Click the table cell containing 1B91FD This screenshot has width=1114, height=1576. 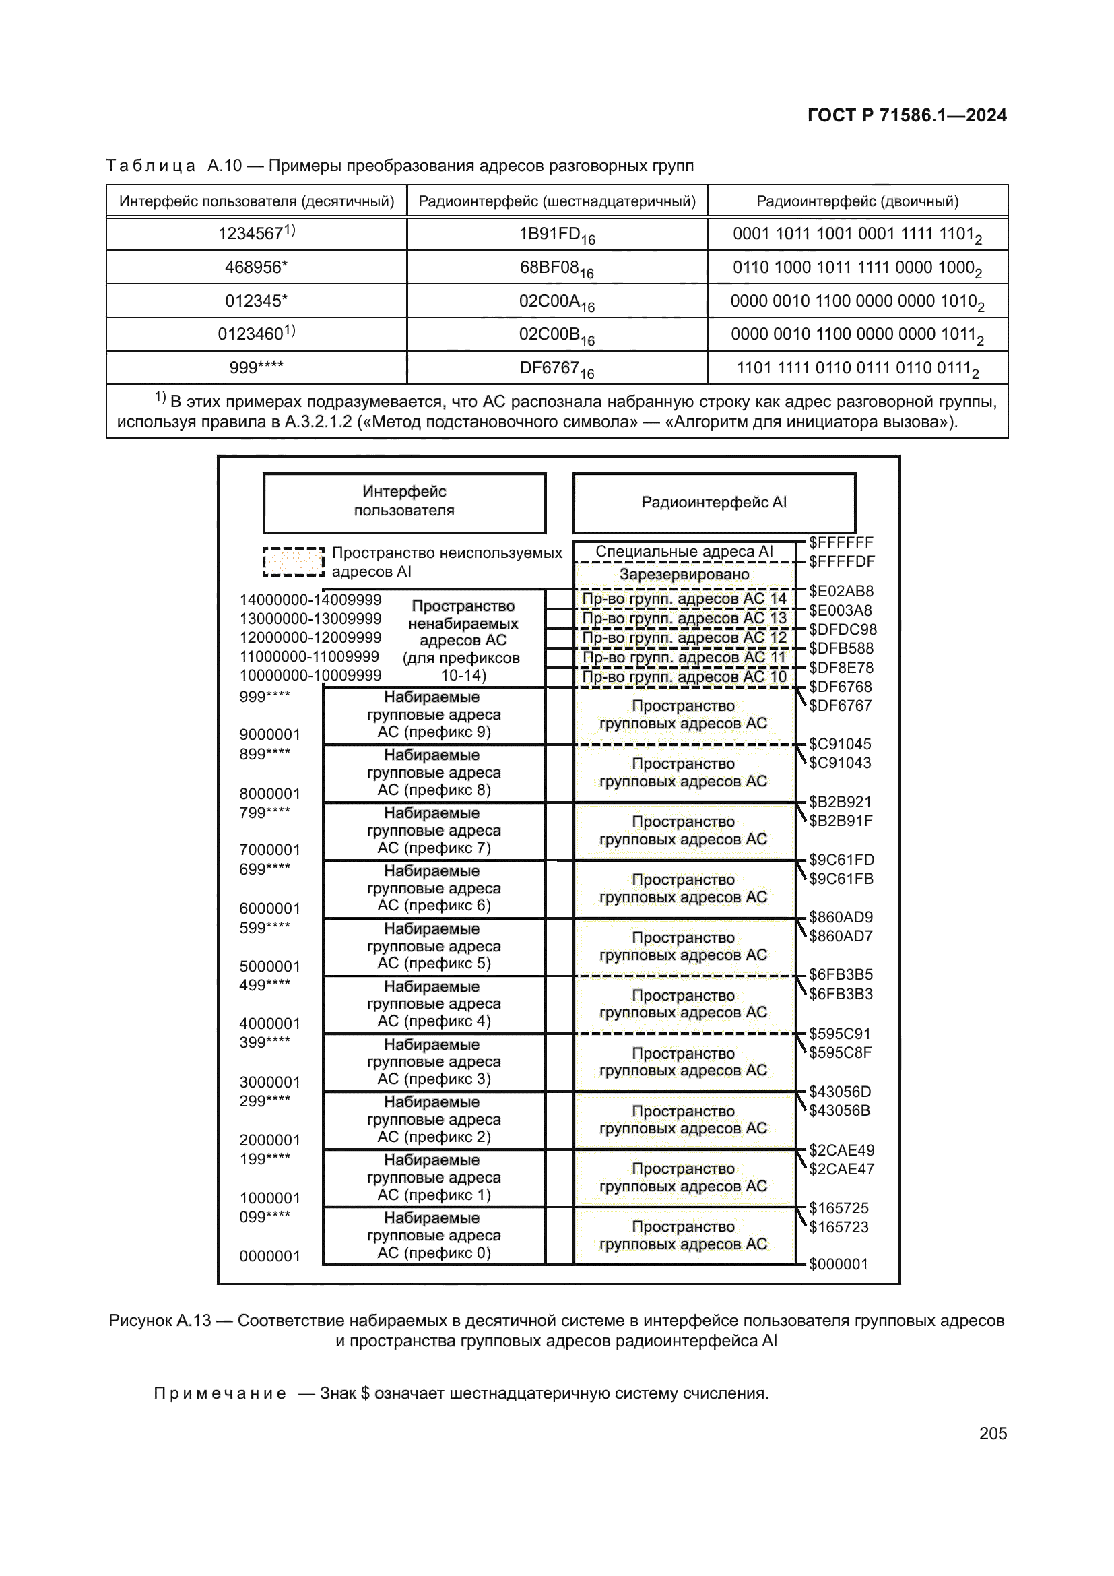point(556,234)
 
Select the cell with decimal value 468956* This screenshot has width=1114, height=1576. point(256,267)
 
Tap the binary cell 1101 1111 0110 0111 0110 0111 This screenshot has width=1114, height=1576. point(857,368)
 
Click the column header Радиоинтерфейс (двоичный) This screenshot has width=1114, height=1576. point(857,201)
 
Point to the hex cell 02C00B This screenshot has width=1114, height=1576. point(556,334)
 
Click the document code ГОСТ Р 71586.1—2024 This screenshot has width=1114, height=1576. point(906,115)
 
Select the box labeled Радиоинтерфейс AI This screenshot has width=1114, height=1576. point(713,503)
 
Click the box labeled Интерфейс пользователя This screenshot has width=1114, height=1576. point(404,502)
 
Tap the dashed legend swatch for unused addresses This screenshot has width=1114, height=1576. point(293,561)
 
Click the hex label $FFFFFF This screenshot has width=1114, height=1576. point(841,542)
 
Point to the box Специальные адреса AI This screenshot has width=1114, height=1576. point(684,551)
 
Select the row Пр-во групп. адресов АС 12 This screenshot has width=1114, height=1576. point(684,637)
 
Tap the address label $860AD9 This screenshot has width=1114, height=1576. point(841,917)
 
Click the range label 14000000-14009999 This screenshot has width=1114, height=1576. point(310,600)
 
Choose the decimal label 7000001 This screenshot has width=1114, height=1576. point(269,850)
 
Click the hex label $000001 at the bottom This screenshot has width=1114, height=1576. point(838,1263)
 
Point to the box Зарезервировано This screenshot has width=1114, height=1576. point(684,575)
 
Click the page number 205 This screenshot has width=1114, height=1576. point(993,1433)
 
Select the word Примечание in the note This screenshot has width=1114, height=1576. point(220,1393)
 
